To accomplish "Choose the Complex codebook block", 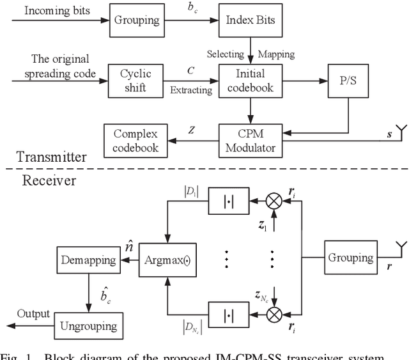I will click(135, 141).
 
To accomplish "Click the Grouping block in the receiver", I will click(351, 258).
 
